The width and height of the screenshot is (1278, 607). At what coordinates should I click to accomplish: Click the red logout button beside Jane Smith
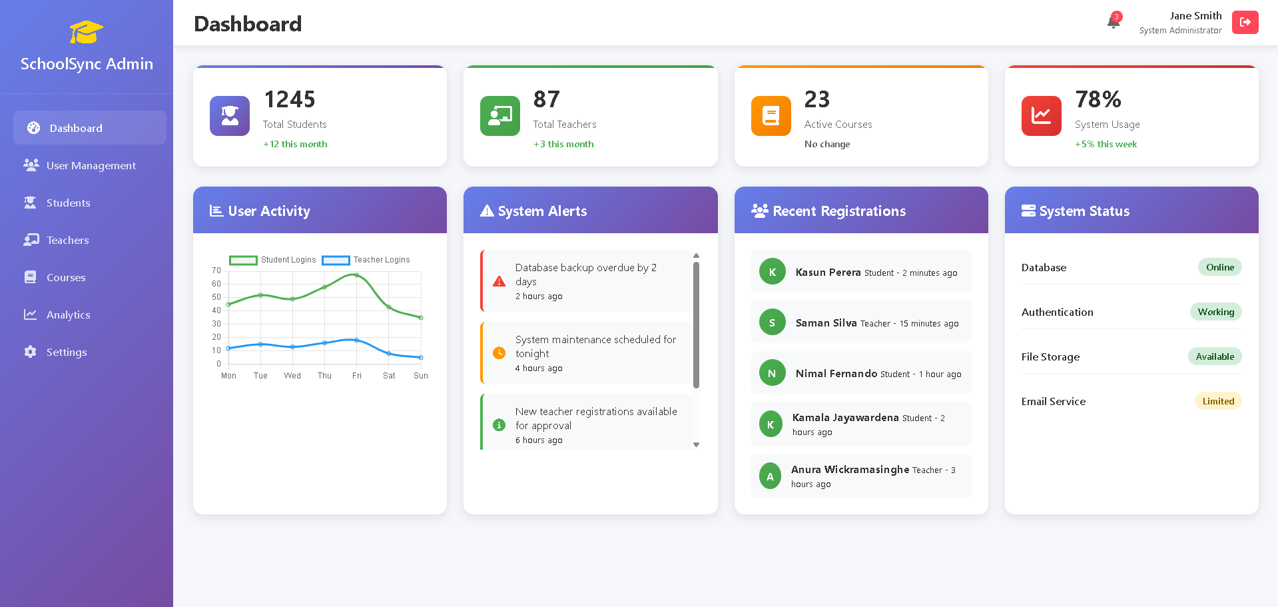click(1244, 22)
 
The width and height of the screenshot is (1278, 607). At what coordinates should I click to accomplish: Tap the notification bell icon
click(1114, 22)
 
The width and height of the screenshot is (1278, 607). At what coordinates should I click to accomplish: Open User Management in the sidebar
click(91, 165)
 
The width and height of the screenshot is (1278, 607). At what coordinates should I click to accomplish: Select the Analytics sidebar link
click(68, 314)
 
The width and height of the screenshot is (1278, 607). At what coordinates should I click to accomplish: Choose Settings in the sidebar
click(66, 352)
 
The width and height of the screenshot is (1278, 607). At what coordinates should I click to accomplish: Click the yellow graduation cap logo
click(87, 32)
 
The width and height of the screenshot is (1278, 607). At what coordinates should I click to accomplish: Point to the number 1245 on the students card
click(290, 99)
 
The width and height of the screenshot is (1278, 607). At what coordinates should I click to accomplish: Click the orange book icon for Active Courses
click(771, 116)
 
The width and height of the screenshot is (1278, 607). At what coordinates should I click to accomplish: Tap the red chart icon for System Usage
click(1041, 116)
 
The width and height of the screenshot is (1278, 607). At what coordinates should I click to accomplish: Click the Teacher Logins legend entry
click(366, 260)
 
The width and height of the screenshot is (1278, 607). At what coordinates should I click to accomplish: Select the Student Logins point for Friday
click(356, 275)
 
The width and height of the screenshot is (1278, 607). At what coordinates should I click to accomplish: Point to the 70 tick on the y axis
click(216, 271)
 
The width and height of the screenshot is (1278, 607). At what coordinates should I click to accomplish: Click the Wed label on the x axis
click(292, 376)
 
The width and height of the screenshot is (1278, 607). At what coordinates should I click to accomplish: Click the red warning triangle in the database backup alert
click(499, 281)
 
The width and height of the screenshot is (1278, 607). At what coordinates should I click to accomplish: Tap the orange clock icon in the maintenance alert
click(499, 353)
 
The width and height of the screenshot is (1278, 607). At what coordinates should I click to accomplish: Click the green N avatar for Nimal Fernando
click(772, 373)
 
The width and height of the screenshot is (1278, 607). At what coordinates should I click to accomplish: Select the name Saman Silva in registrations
click(826, 323)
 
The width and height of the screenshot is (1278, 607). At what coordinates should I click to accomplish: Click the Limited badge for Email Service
click(1217, 401)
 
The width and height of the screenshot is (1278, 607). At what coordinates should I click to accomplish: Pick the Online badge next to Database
click(1219, 267)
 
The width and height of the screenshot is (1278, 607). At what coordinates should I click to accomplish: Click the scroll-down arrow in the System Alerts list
click(696, 444)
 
